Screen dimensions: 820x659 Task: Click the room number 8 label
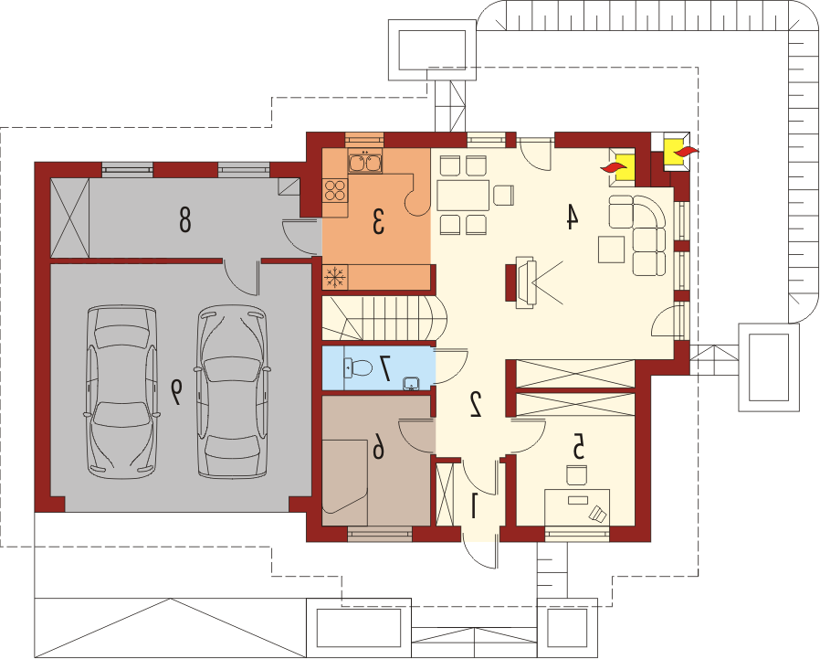click(x=184, y=219)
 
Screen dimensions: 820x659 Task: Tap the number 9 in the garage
click(x=176, y=391)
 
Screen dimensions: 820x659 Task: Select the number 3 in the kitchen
click(x=378, y=220)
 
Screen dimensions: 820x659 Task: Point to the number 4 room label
click(x=573, y=217)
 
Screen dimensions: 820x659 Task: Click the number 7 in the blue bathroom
click(x=386, y=368)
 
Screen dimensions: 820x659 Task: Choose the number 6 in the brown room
click(x=378, y=449)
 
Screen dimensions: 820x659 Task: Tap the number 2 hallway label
click(x=476, y=404)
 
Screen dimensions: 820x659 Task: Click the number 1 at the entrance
click(x=474, y=505)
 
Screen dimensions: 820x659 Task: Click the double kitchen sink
click(x=364, y=160)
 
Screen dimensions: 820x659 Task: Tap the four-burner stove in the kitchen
click(x=335, y=190)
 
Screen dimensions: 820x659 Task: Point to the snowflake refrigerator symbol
click(x=335, y=276)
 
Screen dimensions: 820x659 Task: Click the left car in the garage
click(x=121, y=391)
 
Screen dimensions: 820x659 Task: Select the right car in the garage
click(x=233, y=391)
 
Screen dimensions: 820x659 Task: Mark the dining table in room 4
click(x=463, y=196)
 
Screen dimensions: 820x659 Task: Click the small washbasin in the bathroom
click(x=412, y=384)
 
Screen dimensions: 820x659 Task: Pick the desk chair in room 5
click(x=577, y=475)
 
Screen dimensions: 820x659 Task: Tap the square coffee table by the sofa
click(x=612, y=250)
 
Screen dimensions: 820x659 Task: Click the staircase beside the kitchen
click(x=384, y=318)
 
